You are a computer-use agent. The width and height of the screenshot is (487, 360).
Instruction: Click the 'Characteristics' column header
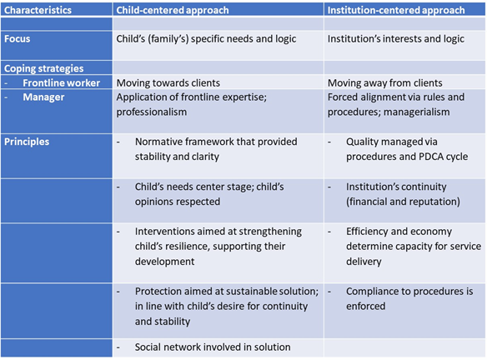pos(38,10)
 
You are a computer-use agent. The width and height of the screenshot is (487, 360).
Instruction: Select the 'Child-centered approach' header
pos(173,10)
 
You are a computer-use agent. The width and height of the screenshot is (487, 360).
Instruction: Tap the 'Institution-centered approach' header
pos(396,10)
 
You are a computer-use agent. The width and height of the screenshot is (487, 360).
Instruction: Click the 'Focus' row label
pos(17,39)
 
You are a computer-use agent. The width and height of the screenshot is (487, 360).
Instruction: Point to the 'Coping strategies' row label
pos(44,68)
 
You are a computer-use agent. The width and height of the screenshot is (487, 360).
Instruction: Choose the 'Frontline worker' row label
pos(61,82)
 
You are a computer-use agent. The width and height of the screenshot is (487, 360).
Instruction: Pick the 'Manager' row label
pos(43,97)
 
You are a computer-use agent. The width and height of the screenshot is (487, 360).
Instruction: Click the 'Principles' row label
pos(27,142)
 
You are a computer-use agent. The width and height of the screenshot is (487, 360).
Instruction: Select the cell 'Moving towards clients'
pos(168,82)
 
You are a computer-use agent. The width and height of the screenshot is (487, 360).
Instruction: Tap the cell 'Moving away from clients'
pos(384,82)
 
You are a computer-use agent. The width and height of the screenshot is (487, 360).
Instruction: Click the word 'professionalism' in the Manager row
pos(152,112)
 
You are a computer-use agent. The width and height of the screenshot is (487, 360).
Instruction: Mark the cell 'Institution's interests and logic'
pos(395,39)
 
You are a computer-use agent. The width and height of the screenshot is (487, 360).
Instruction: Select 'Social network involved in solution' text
pos(213,347)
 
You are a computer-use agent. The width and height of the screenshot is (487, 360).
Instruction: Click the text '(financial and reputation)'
pos(403,202)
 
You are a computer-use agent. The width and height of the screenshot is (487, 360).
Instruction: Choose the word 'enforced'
pos(365,306)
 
